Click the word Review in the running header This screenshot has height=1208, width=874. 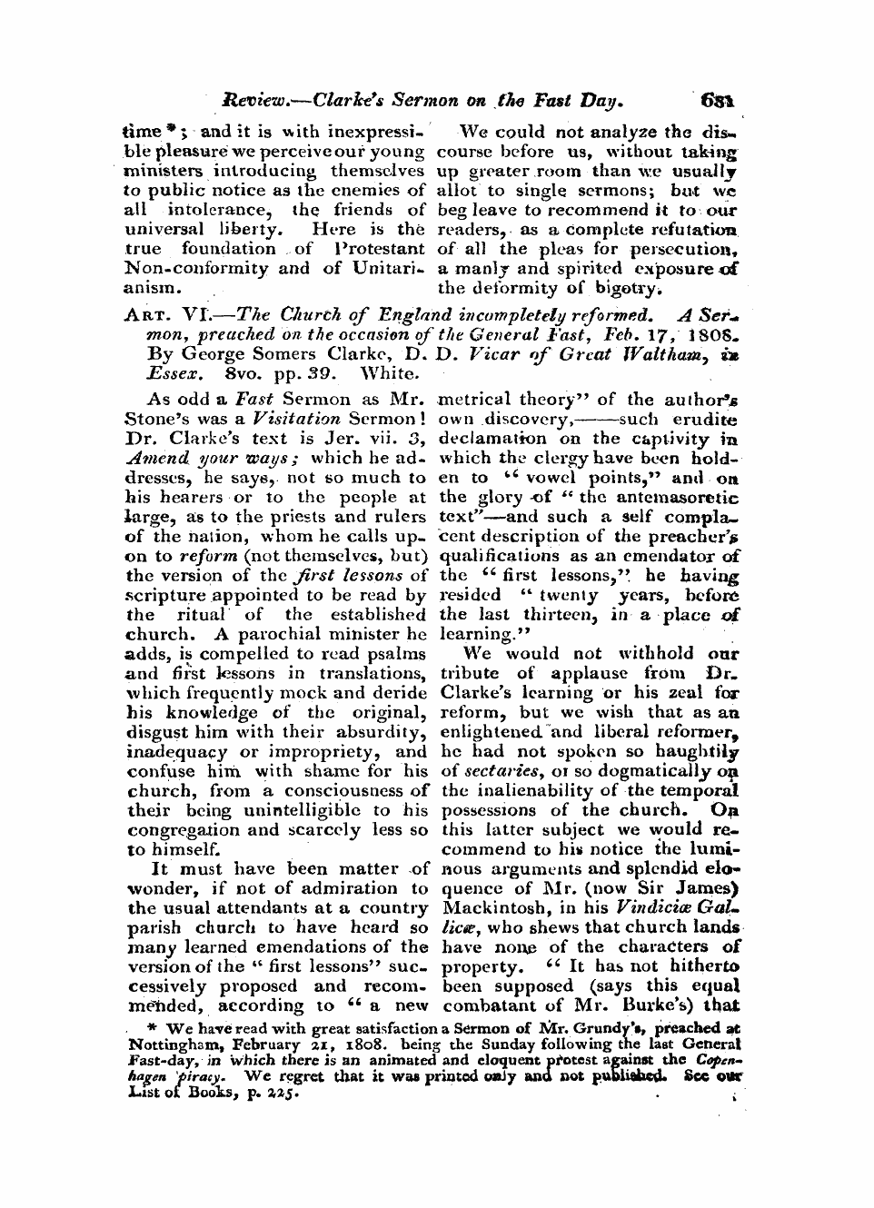click(257, 101)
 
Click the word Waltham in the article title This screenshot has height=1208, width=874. click(668, 354)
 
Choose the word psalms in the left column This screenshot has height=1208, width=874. click(398, 653)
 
